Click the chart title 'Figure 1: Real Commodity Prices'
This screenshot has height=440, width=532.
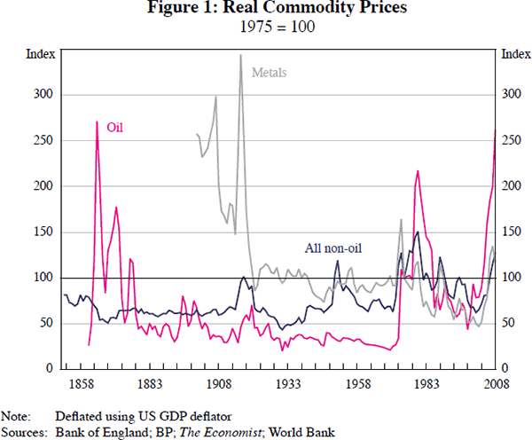(x=265, y=11)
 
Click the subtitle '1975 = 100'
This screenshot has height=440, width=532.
(x=265, y=27)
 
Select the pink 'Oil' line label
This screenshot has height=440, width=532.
(x=115, y=127)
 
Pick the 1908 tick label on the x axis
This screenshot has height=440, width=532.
(x=218, y=383)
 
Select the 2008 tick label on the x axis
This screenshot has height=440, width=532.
(x=495, y=383)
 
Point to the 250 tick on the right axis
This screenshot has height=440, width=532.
(x=512, y=140)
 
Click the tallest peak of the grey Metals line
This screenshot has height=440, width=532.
(x=240, y=56)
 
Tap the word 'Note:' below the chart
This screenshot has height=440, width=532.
(x=17, y=415)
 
